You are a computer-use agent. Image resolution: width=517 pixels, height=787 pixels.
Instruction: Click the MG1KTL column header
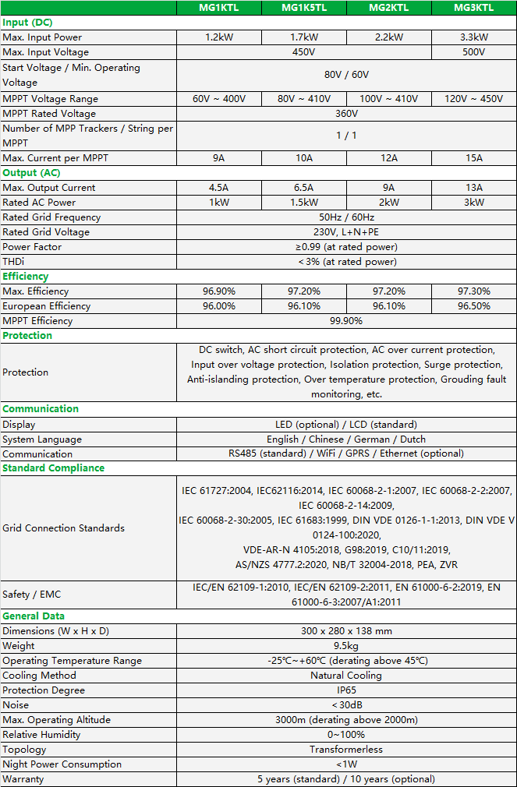click(219, 8)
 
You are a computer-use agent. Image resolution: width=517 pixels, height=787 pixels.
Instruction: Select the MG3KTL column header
click(474, 8)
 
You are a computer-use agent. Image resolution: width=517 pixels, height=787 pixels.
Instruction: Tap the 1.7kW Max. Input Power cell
click(304, 37)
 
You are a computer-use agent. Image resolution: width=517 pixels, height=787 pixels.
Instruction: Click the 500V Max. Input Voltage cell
click(474, 52)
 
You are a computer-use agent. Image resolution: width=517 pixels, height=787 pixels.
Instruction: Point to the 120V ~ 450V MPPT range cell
click(474, 99)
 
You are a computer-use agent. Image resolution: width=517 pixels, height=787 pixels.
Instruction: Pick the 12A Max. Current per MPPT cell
click(389, 158)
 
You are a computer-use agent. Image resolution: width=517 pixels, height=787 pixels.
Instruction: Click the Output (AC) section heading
click(31, 173)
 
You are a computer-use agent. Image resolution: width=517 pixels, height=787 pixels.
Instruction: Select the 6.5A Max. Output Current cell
click(304, 188)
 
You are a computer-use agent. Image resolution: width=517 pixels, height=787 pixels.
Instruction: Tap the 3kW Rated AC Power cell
click(474, 203)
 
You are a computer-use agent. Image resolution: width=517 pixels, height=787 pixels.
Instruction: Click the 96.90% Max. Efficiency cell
click(219, 291)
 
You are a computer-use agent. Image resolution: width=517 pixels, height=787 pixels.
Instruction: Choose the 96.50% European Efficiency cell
click(474, 306)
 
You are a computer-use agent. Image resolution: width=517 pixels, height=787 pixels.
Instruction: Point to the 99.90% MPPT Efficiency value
click(346, 321)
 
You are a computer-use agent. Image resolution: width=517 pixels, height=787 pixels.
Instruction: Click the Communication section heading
click(41, 409)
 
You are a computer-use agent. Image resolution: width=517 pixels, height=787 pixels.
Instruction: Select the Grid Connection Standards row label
click(63, 528)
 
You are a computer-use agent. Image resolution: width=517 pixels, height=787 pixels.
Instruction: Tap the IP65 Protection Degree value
click(346, 690)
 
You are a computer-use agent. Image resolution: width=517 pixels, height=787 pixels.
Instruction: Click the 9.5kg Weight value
click(346, 646)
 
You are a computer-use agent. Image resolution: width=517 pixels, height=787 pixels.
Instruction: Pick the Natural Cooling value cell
click(346, 676)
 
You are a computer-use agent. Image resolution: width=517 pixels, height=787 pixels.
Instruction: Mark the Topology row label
click(24, 750)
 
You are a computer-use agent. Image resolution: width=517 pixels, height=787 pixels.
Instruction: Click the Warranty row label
click(23, 779)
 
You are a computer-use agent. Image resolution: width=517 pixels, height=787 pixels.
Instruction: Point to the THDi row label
click(13, 262)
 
